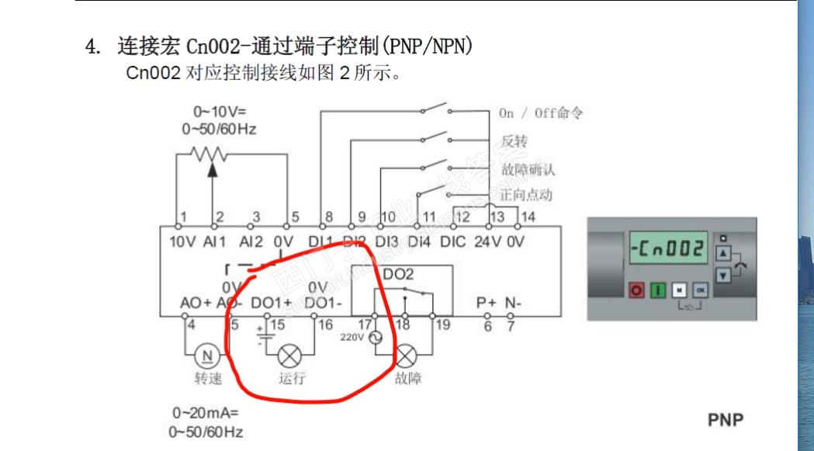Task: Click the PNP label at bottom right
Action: pyautogui.click(x=726, y=420)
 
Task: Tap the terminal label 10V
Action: pyautogui.click(x=182, y=241)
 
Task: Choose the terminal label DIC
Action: pyautogui.click(x=452, y=241)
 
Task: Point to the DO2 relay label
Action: pyautogui.click(x=398, y=274)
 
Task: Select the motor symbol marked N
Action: pyautogui.click(x=207, y=356)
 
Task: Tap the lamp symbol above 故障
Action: pyautogui.click(x=406, y=356)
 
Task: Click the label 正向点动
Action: pyautogui.click(x=527, y=194)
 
